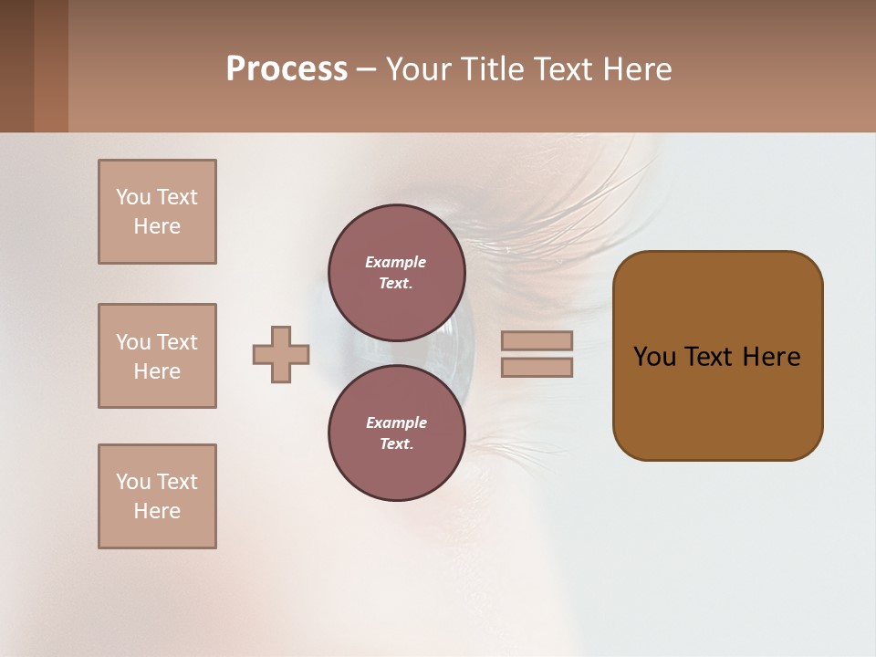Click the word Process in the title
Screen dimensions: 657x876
287,69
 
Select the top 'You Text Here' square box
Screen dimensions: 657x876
157,212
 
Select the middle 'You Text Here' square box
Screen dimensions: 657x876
157,356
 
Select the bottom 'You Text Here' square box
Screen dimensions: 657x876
157,496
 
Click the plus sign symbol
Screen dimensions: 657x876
281,355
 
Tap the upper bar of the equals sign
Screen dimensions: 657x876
537,341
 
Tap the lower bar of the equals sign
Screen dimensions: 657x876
537,367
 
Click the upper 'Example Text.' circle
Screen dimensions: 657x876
397,273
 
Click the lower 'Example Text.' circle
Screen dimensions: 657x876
397,433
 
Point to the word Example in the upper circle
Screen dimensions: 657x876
396,262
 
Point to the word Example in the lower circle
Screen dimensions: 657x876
396,422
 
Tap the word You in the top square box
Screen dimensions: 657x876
133,197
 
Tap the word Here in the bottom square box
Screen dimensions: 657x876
157,511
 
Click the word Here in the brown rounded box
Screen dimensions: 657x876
771,357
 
